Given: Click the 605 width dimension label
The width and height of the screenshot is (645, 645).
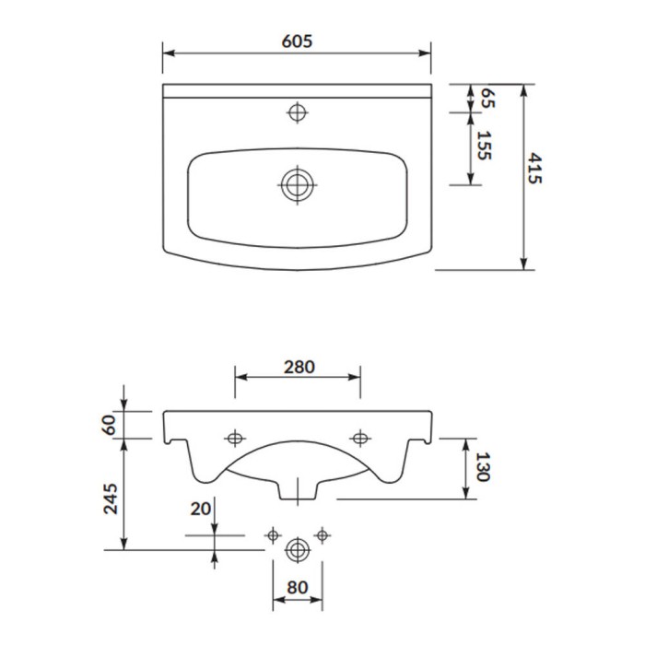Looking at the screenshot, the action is pyautogui.click(x=297, y=41).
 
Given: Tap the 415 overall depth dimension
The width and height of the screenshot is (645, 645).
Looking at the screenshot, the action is pyautogui.click(x=534, y=169).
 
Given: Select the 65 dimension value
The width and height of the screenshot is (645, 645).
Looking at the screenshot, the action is pyautogui.click(x=487, y=98).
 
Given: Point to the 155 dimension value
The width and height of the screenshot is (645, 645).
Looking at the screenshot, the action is pyautogui.click(x=484, y=146).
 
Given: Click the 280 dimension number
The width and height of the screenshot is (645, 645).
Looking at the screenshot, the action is pyautogui.click(x=299, y=367).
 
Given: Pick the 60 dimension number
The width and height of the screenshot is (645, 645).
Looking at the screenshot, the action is pyautogui.click(x=109, y=425).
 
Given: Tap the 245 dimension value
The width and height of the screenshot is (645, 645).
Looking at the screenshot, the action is pyautogui.click(x=111, y=499).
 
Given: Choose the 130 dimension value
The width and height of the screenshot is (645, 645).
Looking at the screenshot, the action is pyautogui.click(x=483, y=467).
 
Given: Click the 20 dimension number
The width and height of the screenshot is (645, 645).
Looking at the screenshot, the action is pyautogui.click(x=200, y=510).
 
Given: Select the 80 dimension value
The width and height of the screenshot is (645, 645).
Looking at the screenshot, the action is pyautogui.click(x=297, y=588).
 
